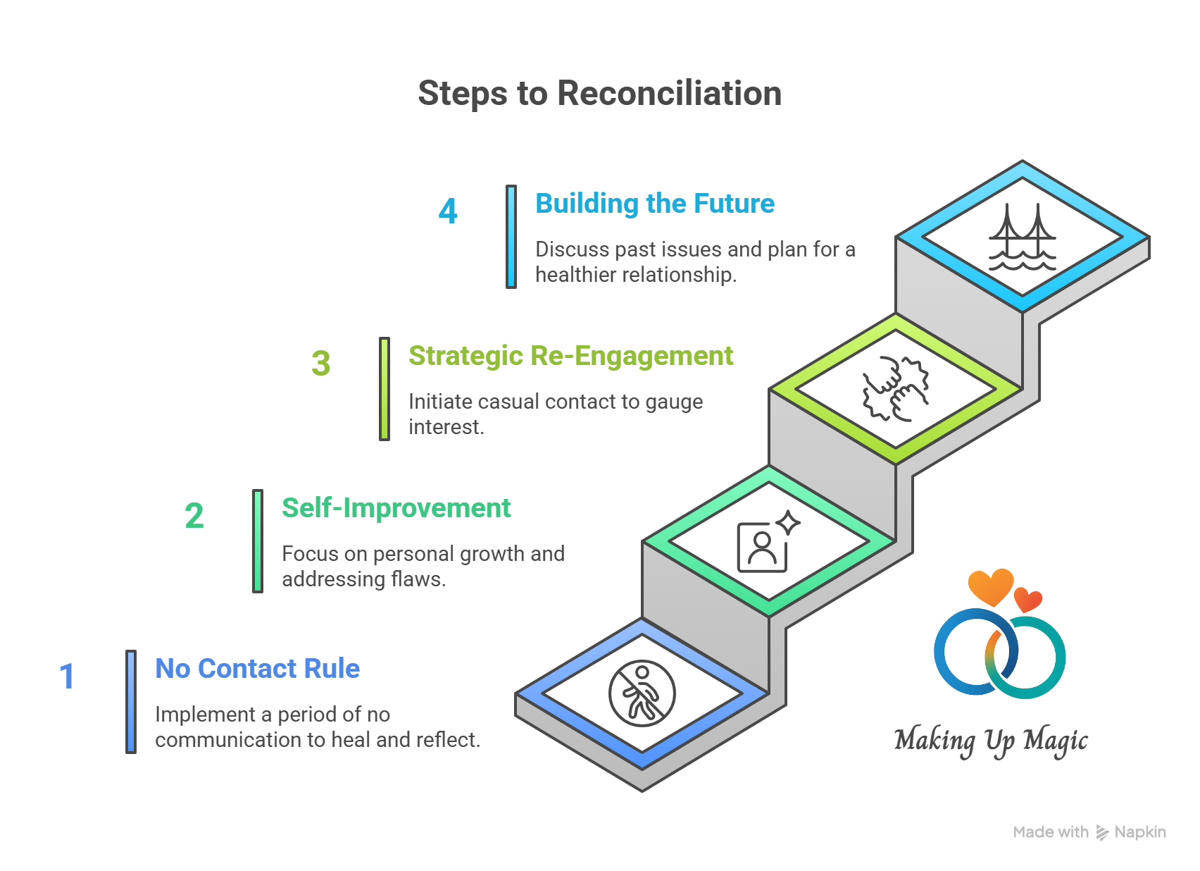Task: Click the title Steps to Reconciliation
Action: [x=599, y=94]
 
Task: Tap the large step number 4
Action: [x=448, y=211]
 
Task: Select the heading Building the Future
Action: [x=654, y=204]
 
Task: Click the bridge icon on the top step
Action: [x=1022, y=237]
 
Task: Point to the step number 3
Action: [x=321, y=364]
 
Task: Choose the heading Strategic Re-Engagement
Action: [x=570, y=356]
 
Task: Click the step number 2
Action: [x=194, y=516]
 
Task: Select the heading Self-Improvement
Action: [x=396, y=508]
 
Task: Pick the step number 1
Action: [x=67, y=677]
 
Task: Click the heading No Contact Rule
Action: [x=257, y=669]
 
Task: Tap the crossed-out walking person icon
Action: [x=642, y=694]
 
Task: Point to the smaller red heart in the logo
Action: [x=1028, y=600]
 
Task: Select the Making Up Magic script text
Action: [x=990, y=741]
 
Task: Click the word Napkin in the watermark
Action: [x=1139, y=832]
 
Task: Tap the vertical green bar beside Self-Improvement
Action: [x=258, y=541]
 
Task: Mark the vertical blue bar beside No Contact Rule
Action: [x=131, y=702]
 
